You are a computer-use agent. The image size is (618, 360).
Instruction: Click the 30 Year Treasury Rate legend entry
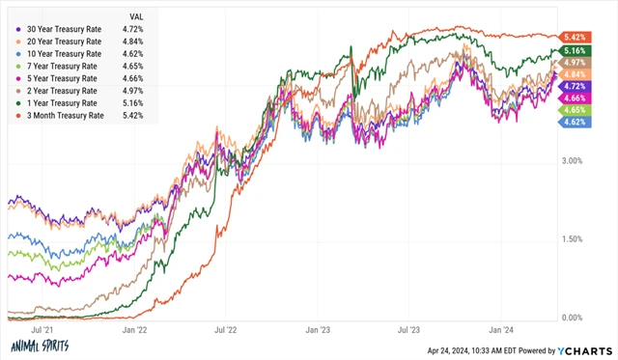pos(66,29)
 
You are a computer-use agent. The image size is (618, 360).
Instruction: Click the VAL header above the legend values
pos(138,16)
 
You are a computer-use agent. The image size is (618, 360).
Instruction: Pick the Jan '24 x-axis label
pos(502,330)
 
